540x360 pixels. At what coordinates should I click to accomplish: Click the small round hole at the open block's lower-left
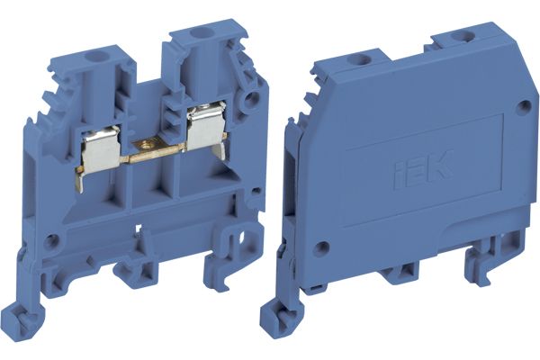[53, 241]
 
